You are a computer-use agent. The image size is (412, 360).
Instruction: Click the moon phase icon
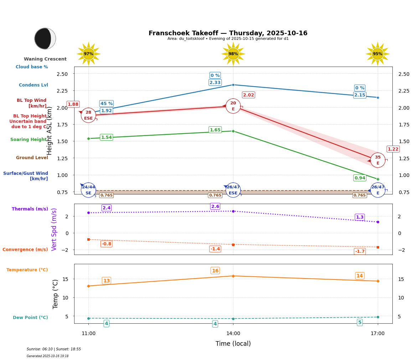(45, 38)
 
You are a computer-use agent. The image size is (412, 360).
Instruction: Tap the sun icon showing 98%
(233, 54)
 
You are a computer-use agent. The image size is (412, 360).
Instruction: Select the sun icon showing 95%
(377, 54)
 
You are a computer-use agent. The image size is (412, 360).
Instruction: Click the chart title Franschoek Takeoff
(228, 33)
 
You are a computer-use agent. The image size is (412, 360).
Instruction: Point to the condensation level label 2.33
(215, 83)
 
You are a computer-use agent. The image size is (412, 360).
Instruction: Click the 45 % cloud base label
(106, 104)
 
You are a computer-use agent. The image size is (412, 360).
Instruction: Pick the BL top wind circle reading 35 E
(377, 160)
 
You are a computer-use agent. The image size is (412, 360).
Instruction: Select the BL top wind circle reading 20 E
(233, 106)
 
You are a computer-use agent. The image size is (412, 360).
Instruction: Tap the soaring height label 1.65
(215, 130)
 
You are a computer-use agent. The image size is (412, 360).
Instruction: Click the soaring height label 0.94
(360, 178)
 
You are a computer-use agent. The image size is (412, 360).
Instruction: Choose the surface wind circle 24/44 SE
(88, 190)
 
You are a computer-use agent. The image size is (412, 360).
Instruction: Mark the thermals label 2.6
(215, 207)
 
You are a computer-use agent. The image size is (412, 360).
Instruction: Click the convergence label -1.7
(360, 251)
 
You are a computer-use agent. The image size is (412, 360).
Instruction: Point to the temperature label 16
(215, 271)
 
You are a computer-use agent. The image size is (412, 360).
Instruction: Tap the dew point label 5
(360, 323)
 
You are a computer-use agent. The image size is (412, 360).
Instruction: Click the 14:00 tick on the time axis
(233, 334)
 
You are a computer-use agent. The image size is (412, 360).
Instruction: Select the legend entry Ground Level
(32, 158)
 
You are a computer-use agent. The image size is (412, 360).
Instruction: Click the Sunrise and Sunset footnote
(54, 349)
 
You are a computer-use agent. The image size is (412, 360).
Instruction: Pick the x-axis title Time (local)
(233, 344)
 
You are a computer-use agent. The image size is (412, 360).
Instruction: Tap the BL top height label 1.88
(73, 104)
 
